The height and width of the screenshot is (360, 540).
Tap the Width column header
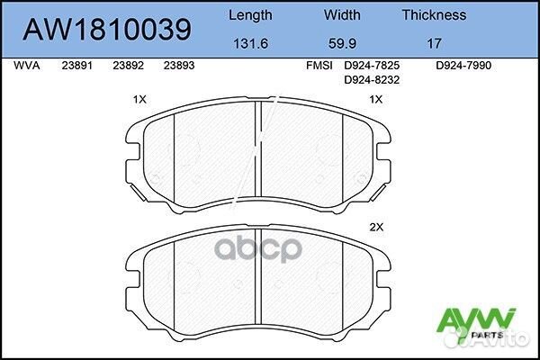click(x=342, y=14)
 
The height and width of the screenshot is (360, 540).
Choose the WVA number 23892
click(x=128, y=66)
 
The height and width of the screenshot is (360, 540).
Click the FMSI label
click(x=319, y=66)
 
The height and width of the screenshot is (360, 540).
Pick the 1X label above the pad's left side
click(x=139, y=100)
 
